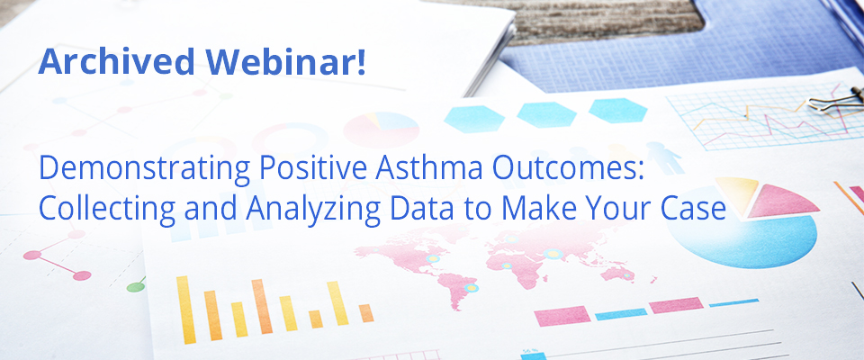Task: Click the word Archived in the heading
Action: pos(116,61)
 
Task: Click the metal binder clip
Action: pos(838,99)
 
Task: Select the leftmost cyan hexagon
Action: pos(474,119)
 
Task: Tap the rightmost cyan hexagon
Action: pos(617,111)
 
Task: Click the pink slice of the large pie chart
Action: pos(781,202)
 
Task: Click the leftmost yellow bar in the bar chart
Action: pos(186,310)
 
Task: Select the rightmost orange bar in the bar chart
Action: pos(366,313)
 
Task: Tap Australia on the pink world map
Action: pos(617,274)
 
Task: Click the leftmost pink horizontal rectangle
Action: pos(562,316)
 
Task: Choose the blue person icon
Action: pos(663,157)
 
